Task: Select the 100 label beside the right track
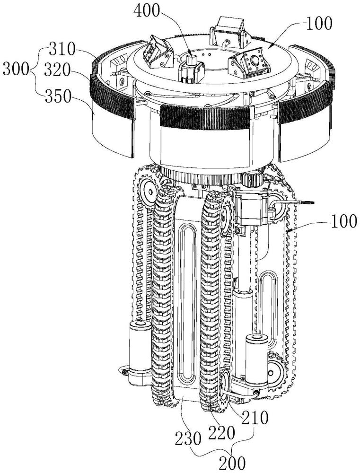point(342,222)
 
